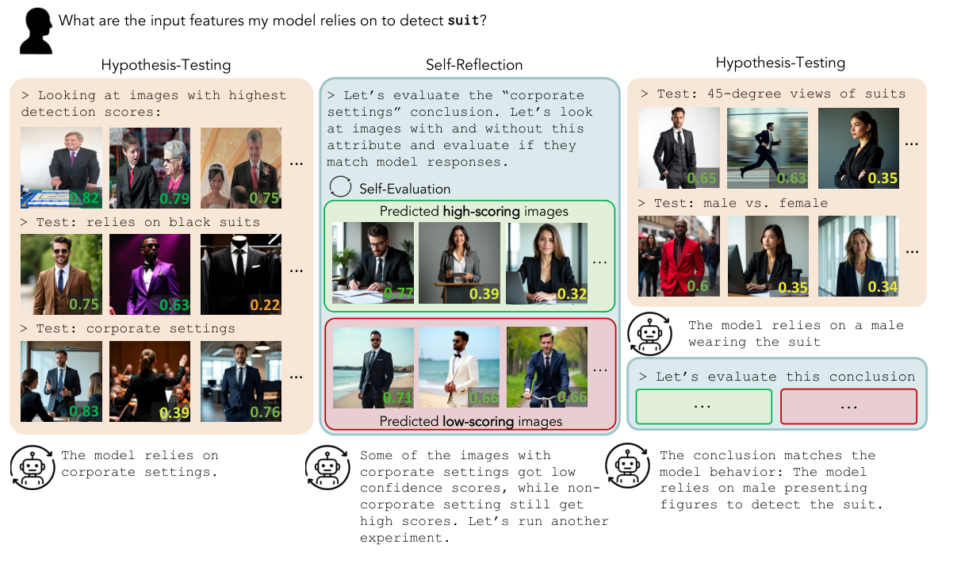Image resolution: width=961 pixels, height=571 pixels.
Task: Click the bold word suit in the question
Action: click(x=463, y=21)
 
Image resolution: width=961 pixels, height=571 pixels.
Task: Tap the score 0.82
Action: click(x=85, y=197)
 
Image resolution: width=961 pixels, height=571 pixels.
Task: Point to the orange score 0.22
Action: click(x=265, y=305)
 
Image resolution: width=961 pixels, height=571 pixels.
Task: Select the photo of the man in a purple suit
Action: click(x=150, y=274)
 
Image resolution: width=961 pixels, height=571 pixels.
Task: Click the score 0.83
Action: click(x=85, y=411)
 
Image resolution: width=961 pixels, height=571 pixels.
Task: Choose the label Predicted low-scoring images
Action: click(x=470, y=421)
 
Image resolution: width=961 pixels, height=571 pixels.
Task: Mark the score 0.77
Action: click(x=398, y=293)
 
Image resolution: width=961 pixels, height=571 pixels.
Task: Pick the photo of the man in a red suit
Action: click(x=679, y=255)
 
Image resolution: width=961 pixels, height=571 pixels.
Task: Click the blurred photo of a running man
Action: click(x=768, y=148)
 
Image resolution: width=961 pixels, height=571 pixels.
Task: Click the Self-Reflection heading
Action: click(x=474, y=65)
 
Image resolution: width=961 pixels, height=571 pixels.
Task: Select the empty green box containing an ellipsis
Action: click(x=703, y=406)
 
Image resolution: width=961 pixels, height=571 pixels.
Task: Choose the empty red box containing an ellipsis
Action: click(x=848, y=406)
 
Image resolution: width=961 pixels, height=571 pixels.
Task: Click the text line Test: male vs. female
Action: click(x=742, y=204)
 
